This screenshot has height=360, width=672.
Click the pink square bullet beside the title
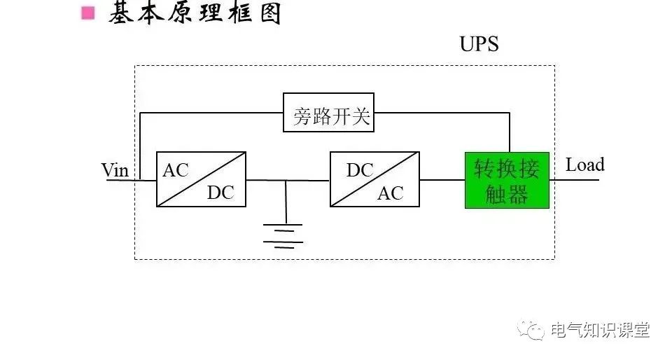(87, 13)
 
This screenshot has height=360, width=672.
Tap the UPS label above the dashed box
(479, 44)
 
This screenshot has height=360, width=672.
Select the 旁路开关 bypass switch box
(328, 112)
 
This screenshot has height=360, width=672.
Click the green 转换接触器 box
(507, 180)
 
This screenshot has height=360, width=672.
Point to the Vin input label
(115, 169)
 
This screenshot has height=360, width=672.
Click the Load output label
(584, 165)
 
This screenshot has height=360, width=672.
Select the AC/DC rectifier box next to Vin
(201, 179)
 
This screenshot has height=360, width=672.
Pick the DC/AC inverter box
(374, 179)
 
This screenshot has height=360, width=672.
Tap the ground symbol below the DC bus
(283, 235)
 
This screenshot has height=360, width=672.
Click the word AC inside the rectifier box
(176, 170)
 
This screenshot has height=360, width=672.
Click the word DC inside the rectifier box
(220, 193)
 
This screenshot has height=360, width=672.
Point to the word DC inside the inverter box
(360, 170)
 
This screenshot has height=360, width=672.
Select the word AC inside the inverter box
(391, 193)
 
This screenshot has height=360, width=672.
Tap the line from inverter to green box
(442, 180)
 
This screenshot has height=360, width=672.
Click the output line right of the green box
(574, 180)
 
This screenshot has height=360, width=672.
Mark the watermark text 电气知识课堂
(600, 330)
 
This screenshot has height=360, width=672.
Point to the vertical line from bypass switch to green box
(510, 133)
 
